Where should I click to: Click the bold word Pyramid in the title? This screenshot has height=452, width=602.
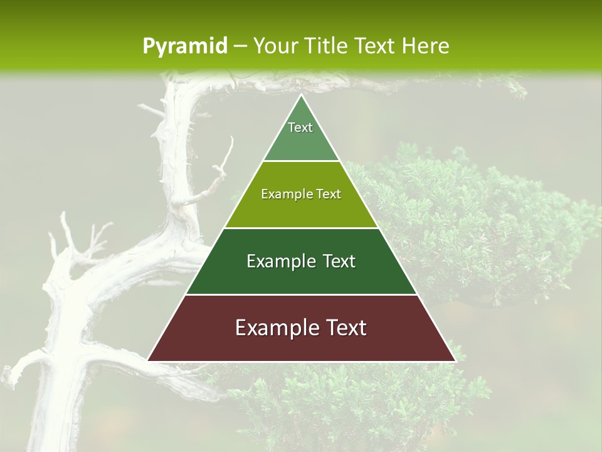click(x=185, y=46)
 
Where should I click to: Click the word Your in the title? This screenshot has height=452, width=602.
click(x=276, y=46)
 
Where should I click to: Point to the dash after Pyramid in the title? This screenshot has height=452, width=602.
click(x=240, y=46)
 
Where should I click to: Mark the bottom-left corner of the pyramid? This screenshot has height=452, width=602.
click(x=148, y=360)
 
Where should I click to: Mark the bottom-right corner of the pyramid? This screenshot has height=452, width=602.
click(x=455, y=360)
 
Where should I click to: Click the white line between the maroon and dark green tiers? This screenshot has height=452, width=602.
click(x=301, y=294)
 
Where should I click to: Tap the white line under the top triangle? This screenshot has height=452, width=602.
click(x=301, y=161)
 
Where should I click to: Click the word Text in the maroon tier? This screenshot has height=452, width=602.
click(x=344, y=328)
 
